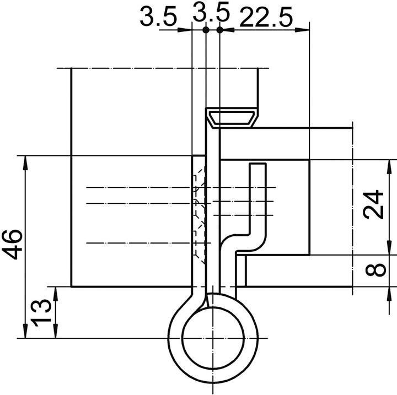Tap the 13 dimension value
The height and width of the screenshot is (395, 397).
coord(41,312)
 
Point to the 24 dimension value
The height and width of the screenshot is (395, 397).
coord(374,205)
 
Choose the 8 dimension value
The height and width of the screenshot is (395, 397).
coord(374,270)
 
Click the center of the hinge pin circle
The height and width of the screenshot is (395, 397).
coord(212,337)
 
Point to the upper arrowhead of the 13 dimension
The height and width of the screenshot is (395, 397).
coord(55,292)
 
